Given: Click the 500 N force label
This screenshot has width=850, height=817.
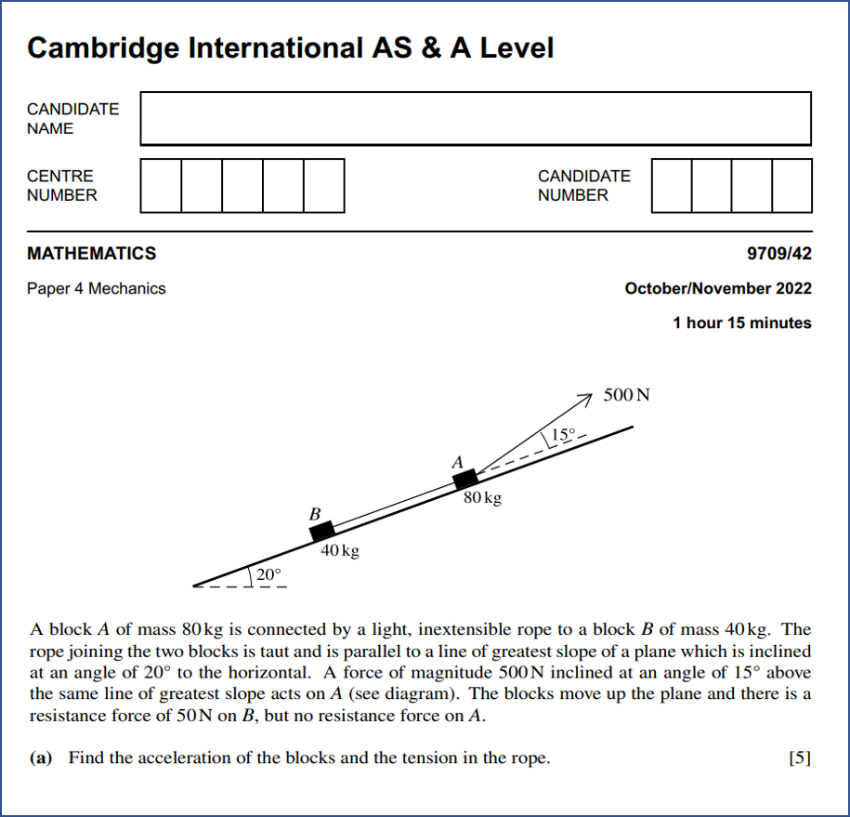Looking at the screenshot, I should [x=627, y=394].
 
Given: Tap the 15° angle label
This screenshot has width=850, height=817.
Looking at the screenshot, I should [x=563, y=434].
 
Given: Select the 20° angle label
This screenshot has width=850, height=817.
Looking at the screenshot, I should [x=268, y=575].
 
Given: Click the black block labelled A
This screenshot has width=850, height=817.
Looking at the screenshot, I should [x=464, y=479].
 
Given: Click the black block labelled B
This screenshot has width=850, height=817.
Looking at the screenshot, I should [x=321, y=531].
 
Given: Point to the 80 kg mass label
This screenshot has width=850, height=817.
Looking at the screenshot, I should [x=482, y=499].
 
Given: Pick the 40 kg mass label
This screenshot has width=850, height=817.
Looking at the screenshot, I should [x=339, y=551].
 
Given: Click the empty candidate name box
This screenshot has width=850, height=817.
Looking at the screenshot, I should [x=476, y=118].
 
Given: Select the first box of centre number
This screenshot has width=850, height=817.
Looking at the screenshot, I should [x=161, y=185].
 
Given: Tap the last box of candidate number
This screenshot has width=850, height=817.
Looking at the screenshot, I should [x=791, y=185].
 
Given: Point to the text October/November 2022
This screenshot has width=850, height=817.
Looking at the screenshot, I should [x=718, y=288].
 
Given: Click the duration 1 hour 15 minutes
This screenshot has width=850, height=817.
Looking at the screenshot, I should [x=742, y=323].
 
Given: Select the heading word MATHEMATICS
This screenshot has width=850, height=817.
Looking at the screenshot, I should [x=92, y=253].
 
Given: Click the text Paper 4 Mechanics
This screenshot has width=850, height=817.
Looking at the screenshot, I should [x=97, y=288].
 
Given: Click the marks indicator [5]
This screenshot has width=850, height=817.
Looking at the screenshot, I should [x=799, y=758].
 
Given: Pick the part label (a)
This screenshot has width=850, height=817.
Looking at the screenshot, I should [x=41, y=758].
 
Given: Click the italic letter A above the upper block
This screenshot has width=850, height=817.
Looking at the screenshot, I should [x=456, y=462].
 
